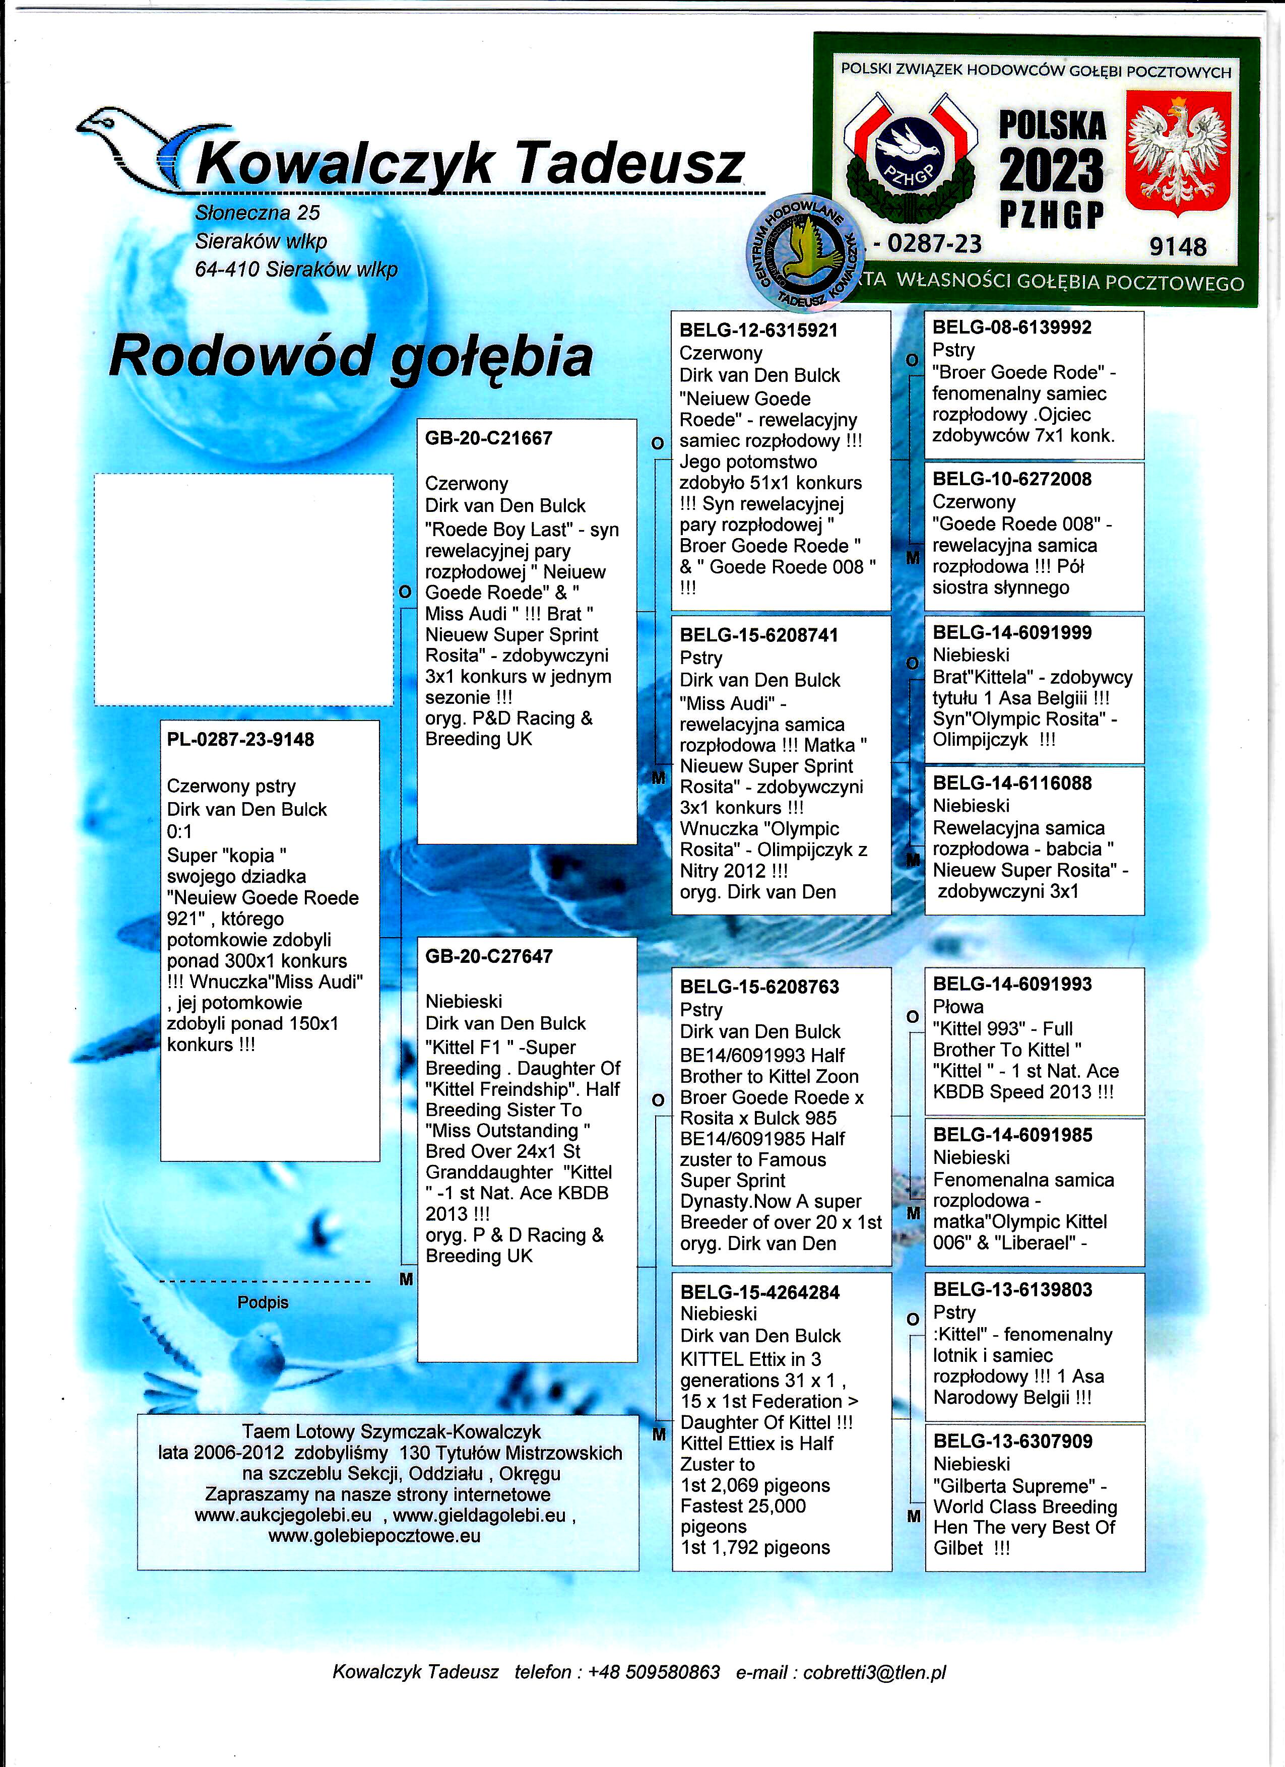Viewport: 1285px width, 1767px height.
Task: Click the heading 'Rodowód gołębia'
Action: [x=351, y=357]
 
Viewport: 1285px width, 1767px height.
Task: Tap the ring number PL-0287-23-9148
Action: [x=240, y=739]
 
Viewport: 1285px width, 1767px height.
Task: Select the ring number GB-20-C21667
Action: [x=488, y=439]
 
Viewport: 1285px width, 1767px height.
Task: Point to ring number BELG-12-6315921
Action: [x=758, y=331]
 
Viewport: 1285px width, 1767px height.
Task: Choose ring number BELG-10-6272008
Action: [x=1011, y=479]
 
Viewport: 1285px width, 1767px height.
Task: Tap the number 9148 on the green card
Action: [x=1178, y=248]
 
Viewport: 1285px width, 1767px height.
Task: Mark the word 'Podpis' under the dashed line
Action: [x=263, y=1302]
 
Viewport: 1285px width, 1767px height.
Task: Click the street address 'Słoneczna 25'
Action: [x=257, y=213]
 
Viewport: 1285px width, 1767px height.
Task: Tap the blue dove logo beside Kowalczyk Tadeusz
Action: [x=133, y=140]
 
